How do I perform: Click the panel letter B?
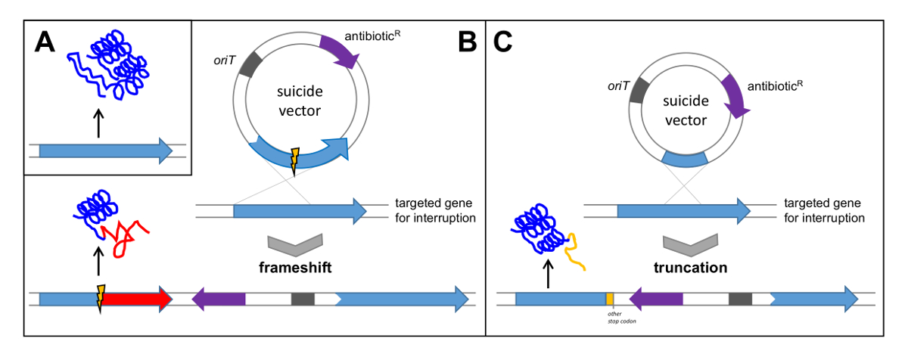pos(468,43)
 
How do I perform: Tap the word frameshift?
pos(297,268)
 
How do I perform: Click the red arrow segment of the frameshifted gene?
pos(136,299)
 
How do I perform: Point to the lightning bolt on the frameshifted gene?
pos(99,299)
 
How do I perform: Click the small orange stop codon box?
pos(610,299)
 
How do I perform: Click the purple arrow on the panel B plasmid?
pos(337,51)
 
